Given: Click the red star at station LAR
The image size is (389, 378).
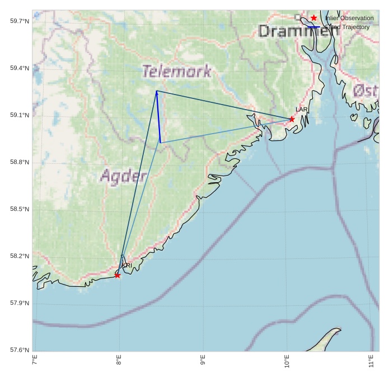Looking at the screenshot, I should tap(292, 119).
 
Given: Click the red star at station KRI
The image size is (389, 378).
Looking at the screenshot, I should tap(118, 275).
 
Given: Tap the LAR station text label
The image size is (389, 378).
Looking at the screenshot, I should tap(302, 110).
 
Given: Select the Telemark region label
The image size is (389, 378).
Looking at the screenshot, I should tap(176, 72).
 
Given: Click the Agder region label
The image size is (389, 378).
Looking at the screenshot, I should tap(124, 176).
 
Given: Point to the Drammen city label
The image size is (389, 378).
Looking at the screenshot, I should tap(298, 31).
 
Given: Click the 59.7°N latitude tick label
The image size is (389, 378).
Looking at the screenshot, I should tap(20, 21).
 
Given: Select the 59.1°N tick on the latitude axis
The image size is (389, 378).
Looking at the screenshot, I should tap(20, 115).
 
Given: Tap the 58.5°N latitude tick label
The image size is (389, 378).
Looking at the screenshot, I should tap(20, 209).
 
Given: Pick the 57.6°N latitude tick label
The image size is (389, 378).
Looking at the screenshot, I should tap(20, 350).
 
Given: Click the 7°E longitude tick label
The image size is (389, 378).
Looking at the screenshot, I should tap(35, 361).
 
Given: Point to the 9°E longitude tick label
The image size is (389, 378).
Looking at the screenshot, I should tap(203, 361).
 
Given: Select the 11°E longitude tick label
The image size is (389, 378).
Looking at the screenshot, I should tap(371, 361).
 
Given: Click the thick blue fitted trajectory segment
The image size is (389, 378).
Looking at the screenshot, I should tap(158, 117).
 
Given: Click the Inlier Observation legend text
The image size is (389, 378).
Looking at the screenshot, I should tap(349, 18).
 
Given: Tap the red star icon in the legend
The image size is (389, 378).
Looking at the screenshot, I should tap(314, 18).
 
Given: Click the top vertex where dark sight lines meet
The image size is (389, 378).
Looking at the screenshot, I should tap(156, 91).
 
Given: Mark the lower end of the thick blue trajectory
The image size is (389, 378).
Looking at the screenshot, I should tap(160, 143).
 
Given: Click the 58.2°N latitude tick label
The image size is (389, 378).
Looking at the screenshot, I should tap(20, 256).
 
